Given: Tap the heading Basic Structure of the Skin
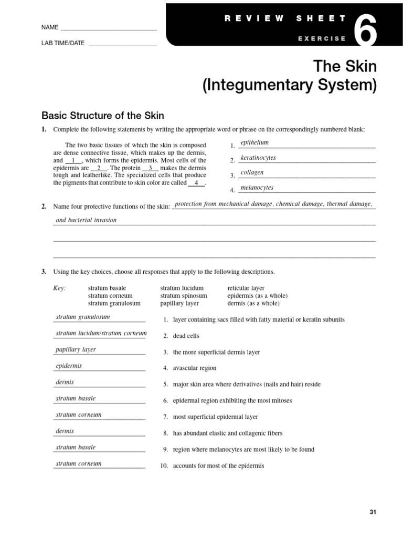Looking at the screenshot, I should pos(103,115).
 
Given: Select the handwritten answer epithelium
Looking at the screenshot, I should pos(254,142).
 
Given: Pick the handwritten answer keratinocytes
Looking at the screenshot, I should pos(258,158).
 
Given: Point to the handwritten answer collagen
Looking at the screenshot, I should pos(252,172).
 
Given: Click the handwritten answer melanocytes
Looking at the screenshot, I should pos(257,188).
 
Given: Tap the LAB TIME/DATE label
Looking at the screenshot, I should pos(62,43).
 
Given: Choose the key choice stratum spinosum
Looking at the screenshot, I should pos(181,296).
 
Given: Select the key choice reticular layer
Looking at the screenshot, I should pos(246,288).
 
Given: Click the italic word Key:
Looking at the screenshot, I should pos(60,288).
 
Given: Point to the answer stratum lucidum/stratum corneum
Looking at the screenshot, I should pos(101,333).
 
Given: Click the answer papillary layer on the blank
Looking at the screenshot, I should pos(76,349).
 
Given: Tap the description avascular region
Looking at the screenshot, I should pos(194,368).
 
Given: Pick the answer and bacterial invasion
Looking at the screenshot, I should pos(86,220).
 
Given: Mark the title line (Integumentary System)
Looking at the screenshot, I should pos(290,85).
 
